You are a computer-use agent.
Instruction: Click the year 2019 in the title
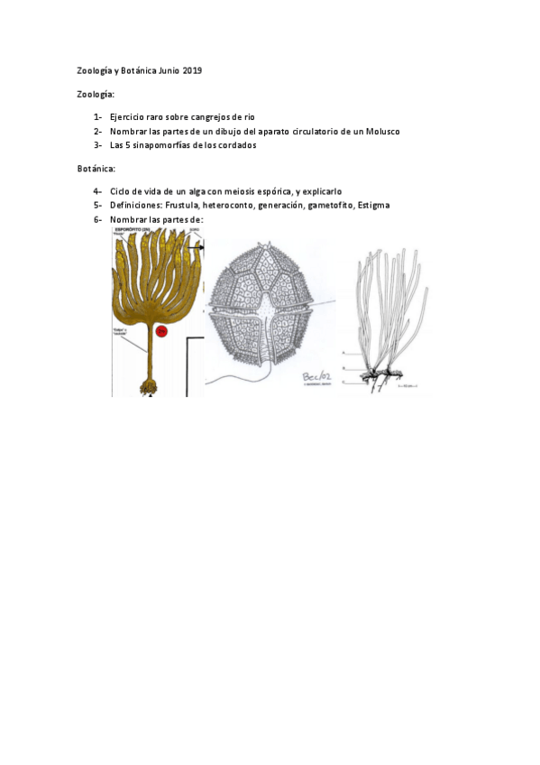point(192,69)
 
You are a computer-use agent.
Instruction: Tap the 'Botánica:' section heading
point(96,168)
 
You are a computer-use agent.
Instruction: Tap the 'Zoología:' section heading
point(96,94)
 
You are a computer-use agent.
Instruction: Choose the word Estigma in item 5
point(373,205)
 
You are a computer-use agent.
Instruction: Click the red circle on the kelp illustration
point(162,332)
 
